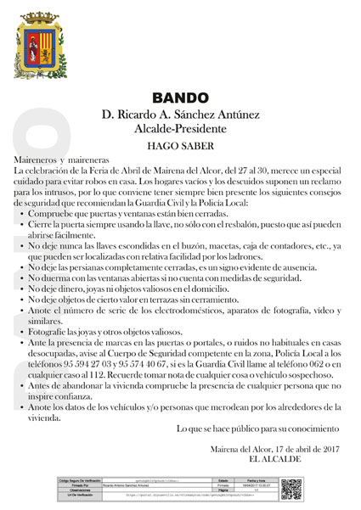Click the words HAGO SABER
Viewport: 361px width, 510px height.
179,145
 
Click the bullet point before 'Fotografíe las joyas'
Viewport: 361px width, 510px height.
19,331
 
